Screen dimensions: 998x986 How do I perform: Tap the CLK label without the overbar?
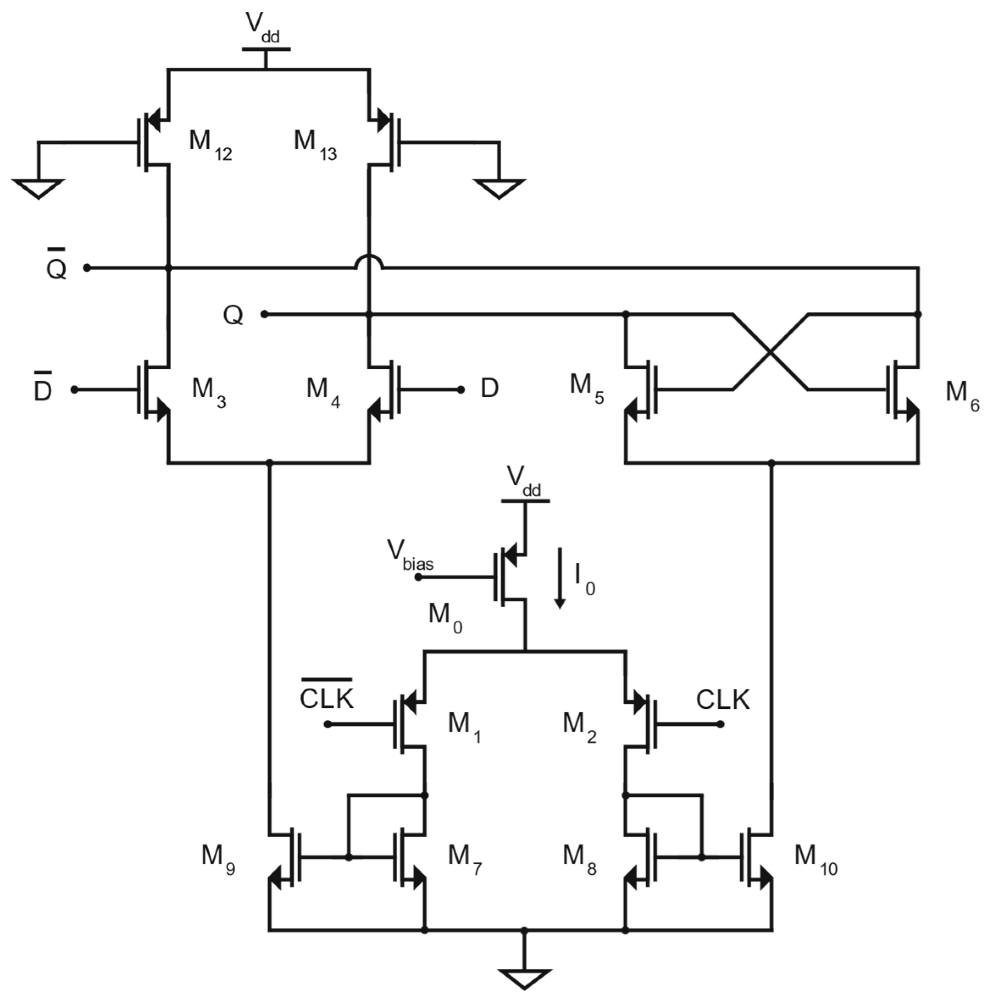tap(723, 700)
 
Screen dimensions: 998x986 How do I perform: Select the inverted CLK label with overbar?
tap(327, 697)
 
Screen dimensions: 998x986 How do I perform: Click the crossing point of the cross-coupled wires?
tap(770, 352)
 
